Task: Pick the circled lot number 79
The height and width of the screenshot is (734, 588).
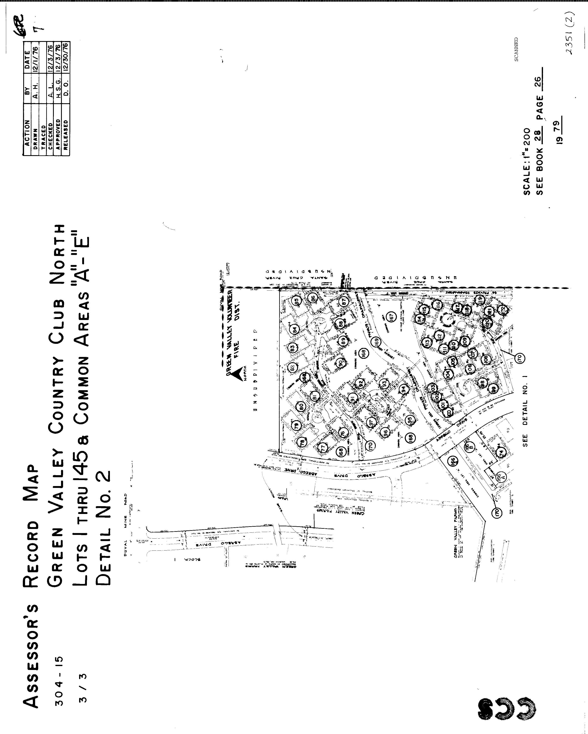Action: click(x=296, y=425)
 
